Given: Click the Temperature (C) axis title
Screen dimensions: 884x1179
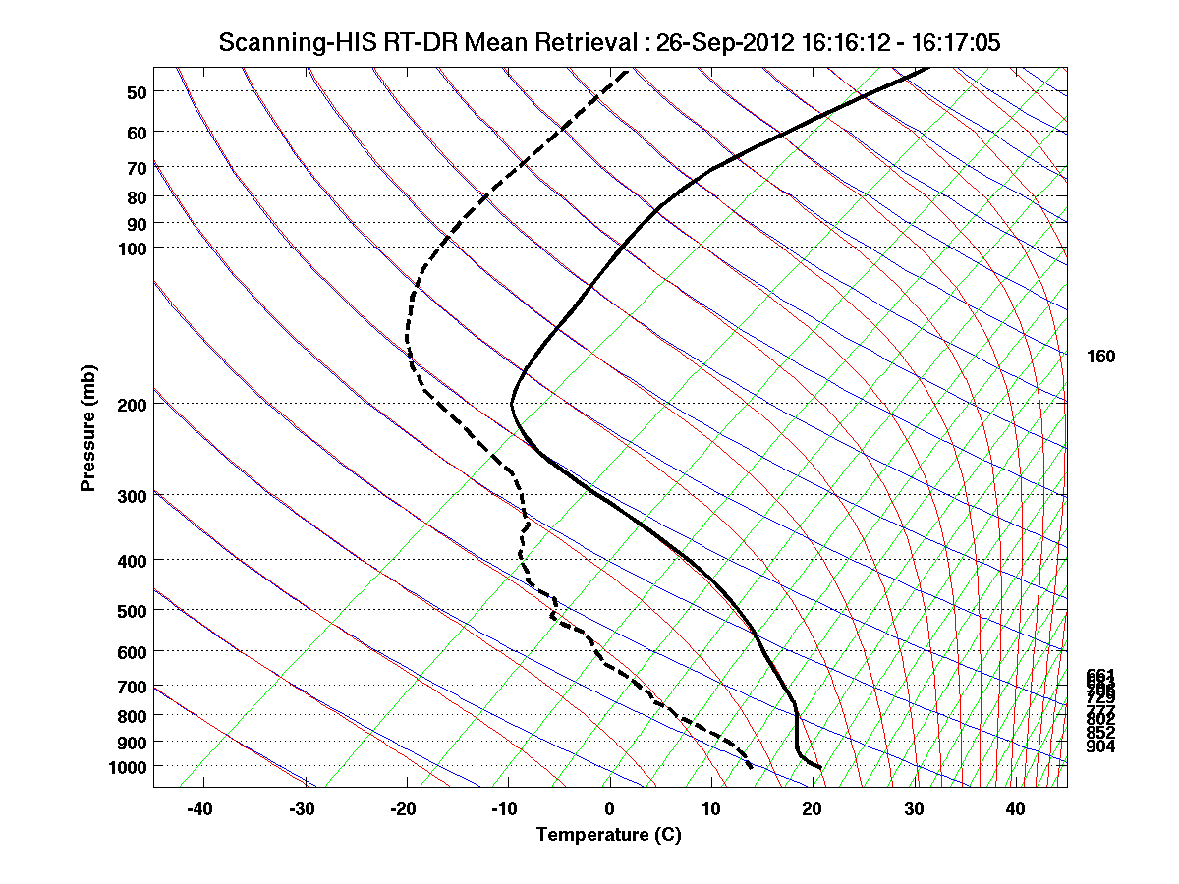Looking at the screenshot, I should point(608,836).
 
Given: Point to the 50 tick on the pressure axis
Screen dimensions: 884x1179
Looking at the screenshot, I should point(137,92).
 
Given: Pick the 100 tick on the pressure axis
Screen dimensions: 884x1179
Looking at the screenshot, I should point(132,249).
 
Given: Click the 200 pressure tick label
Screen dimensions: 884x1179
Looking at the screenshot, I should point(132,405).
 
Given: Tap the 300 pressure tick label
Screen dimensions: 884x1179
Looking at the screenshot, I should point(132,496).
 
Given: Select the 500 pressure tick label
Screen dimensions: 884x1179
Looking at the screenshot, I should point(132,611).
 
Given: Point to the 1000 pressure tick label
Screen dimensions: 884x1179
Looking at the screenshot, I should point(128,766).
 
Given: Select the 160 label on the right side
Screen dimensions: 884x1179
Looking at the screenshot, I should point(1100,357).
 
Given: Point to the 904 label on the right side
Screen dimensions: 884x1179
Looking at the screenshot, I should point(1100,747).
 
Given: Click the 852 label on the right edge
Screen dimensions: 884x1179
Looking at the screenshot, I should point(1100,733).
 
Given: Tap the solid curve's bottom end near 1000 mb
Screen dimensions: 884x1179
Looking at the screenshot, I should point(819,767).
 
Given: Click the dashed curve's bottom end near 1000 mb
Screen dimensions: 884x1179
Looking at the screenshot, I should point(752,767).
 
